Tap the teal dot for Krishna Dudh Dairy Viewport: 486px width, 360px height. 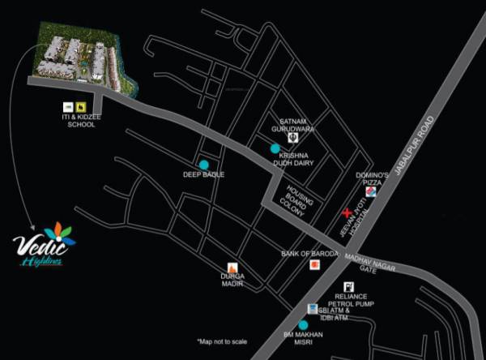pos(275,148)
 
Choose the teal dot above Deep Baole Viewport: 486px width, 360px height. pos(204,165)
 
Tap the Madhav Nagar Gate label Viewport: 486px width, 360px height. pos(357,264)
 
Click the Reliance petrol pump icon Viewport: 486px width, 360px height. pos(348,286)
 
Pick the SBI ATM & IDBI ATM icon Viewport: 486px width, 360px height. pos(313,308)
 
